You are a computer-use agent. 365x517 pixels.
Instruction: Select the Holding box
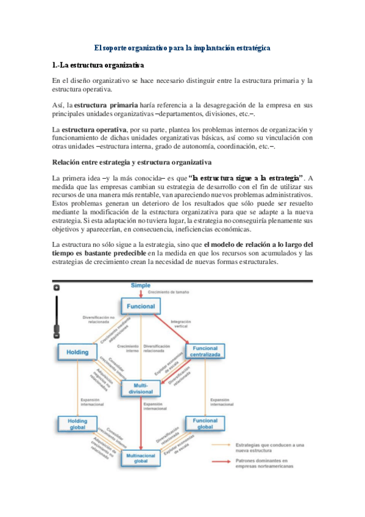coord(77,352)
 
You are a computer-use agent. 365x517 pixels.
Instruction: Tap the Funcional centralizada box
coord(205,351)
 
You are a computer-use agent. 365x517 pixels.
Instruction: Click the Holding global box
coord(77,424)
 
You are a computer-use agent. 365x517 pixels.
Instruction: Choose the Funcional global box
coord(205,424)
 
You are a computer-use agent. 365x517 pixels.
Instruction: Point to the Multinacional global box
coord(141,458)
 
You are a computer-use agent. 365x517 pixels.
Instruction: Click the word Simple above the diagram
coord(141,286)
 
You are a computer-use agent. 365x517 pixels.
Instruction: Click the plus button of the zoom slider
coord(57,287)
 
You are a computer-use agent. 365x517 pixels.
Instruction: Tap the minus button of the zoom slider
coord(57,335)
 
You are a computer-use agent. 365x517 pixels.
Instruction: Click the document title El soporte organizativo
coord(182,47)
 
